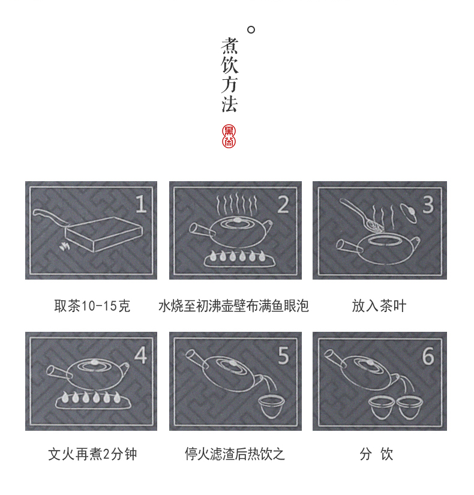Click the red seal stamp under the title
pos(229,136)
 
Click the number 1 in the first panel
pos(141,204)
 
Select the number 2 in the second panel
pos(283,205)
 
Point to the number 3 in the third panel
pos(428,205)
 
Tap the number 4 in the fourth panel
pos(140,355)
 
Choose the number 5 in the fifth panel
pos(283,355)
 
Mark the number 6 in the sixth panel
pos(428,356)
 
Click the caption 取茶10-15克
pos(92,305)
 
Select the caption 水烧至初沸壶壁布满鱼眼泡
pos(233,305)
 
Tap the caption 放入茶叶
pos(379,305)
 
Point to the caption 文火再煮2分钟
pos(92,454)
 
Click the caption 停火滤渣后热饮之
pos(235,454)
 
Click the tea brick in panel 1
pos(104,234)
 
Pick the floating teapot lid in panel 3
pos(409,214)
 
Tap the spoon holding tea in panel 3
pos(363,216)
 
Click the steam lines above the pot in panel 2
pos(237,205)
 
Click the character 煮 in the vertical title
pos(229,46)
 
